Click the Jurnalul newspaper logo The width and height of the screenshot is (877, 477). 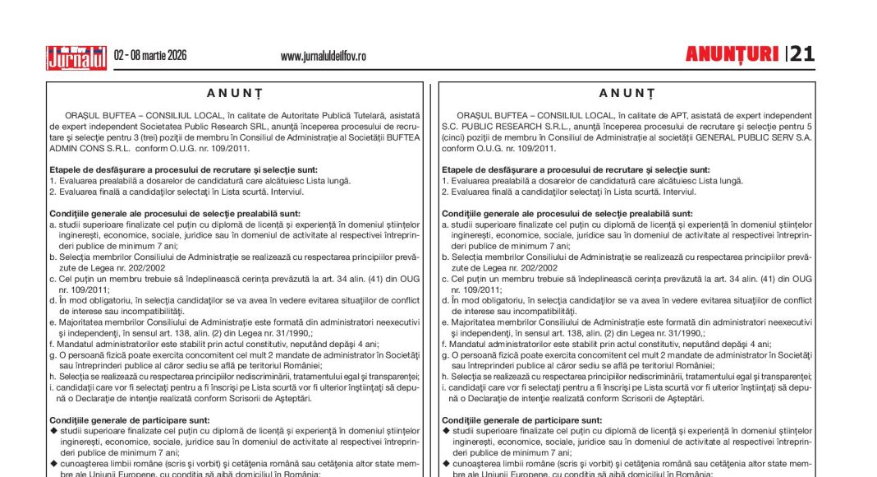pyautogui.click(x=76, y=56)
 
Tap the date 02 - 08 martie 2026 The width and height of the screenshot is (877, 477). pyautogui.click(x=150, y=56)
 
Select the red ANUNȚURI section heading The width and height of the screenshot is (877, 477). pyautogui.click(x=732, y=54)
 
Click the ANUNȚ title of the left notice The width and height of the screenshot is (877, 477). pyautogui.click(x=235, y=94)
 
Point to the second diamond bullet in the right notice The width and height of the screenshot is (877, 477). pyautogui.click(x=446, y=463)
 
